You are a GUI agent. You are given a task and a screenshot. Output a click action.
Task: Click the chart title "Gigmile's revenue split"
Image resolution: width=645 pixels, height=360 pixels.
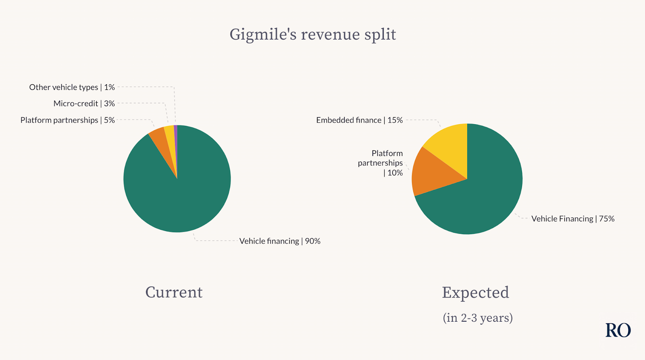click(313, 35)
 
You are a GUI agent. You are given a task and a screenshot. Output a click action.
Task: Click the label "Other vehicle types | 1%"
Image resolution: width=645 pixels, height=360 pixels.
click(72, 87)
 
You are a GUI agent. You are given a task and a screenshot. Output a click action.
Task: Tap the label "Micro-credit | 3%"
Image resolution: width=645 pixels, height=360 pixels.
click(84, 104)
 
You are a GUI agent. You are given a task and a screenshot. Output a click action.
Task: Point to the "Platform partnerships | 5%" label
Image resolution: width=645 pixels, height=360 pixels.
click(67, 120)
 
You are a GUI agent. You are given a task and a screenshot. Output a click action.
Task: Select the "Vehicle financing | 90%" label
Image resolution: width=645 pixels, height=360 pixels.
click(280, 241)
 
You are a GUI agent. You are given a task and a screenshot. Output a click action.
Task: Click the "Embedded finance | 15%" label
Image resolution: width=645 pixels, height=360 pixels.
click(359, 120)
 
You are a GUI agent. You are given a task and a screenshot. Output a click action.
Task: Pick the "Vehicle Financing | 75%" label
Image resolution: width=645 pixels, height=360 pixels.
click(573, 219)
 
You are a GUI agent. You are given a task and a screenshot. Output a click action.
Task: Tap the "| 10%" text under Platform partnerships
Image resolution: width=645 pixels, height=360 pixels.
click(393, 173)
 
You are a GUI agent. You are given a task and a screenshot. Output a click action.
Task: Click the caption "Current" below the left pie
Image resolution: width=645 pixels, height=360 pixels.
click(174, 292)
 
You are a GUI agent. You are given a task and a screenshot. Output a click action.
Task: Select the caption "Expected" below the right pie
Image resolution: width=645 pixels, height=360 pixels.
click(475, 293)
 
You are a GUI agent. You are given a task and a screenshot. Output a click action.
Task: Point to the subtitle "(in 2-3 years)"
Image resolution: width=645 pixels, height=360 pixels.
click(478, 318)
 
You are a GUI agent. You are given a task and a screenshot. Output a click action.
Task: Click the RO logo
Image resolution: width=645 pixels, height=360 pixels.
click(618, 330)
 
